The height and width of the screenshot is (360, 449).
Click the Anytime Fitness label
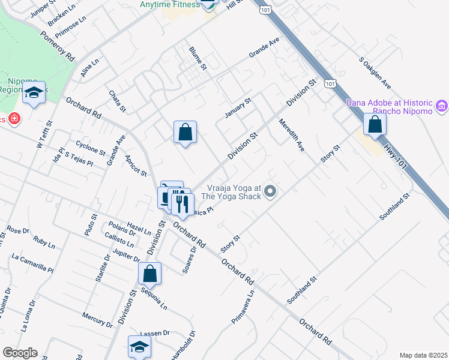(169, 4)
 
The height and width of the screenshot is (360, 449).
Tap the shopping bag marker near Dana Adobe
(375, 125)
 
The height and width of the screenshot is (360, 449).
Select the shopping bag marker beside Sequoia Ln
(149, 274)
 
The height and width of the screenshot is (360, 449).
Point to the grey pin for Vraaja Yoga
(270, 192)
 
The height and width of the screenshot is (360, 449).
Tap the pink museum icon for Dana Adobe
(442, 107)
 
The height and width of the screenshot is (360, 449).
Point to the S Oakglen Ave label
(375, 73)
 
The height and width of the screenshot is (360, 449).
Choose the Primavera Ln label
(244, 308)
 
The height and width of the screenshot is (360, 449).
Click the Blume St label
(197, 58)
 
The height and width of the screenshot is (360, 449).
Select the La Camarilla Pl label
(32, 262)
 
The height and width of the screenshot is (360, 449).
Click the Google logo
(20, 352)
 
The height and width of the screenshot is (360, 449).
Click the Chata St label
(117, 101)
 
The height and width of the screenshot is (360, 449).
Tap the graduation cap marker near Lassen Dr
(139, 347)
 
